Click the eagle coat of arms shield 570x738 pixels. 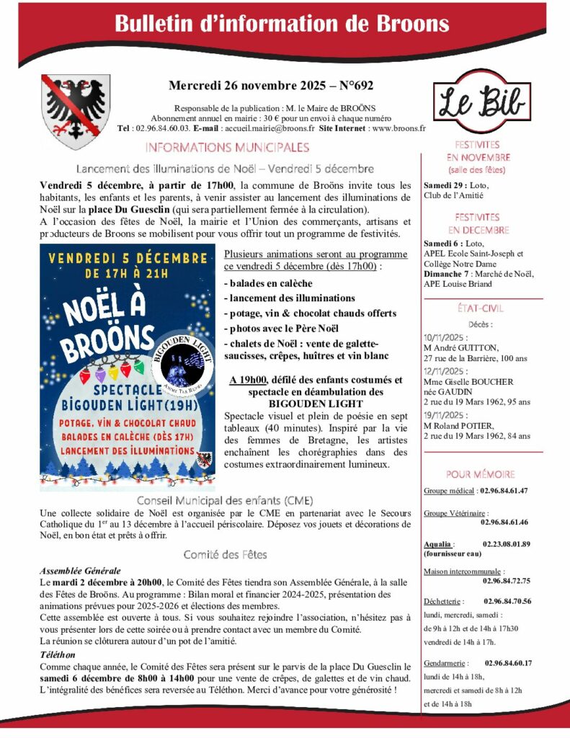click(x=75, y=112)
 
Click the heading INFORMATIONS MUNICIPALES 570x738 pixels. click(x=227, y=148)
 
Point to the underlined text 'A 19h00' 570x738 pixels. click(x=248, y=380)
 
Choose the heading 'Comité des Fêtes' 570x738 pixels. click(x=225, y=554)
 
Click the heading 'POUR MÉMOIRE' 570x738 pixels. click(x=480, y=474)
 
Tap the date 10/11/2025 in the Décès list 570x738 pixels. click(x=445, y=337)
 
